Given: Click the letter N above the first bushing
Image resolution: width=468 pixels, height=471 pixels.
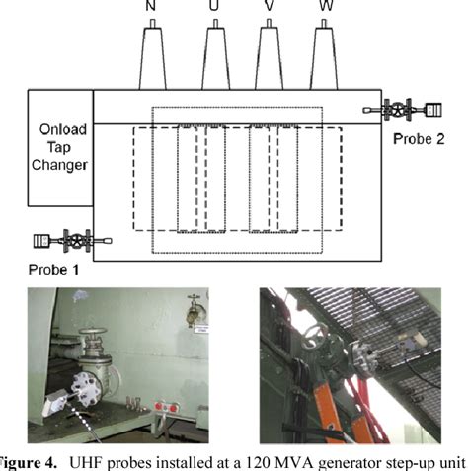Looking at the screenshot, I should pos(150,7).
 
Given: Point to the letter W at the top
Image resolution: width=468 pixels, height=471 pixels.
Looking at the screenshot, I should pos(325,7).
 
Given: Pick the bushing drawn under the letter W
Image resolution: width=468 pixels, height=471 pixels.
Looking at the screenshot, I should pos(325,53).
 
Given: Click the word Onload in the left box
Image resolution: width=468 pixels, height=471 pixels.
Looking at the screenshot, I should pos(58,129).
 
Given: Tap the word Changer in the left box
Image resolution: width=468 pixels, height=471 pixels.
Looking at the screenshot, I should pos(58,165).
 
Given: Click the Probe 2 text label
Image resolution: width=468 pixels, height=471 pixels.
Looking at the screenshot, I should pos(418,138).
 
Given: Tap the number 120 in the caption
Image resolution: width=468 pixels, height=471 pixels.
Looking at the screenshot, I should pos(283,461).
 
